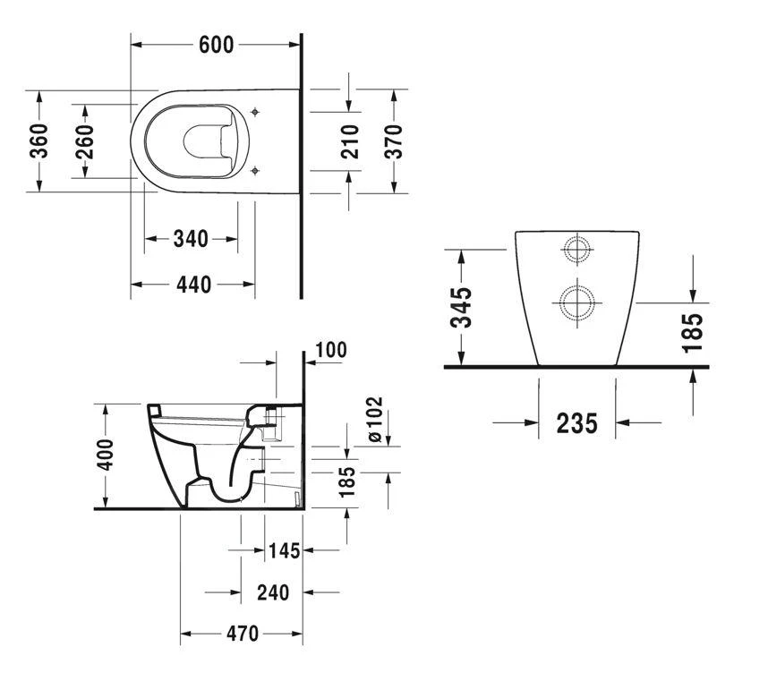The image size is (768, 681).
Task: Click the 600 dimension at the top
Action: point(216,45)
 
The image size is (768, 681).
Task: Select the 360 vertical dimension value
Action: point(39,141)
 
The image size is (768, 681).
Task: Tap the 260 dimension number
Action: point(85,141)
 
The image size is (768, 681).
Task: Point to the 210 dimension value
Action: point(350,141)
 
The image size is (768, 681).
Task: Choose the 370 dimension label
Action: point(393,141)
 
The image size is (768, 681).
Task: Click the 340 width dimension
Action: point(191,239)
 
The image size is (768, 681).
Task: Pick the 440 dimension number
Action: point(193,285)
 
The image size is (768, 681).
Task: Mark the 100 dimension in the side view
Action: point(331,350)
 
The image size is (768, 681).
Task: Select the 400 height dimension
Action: point(105,455)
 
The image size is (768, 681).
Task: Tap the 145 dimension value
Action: point(284,550)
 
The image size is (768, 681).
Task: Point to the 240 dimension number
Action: point(273,593)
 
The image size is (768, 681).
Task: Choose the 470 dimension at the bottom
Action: point(243,634)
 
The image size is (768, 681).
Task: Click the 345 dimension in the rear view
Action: point(461,308)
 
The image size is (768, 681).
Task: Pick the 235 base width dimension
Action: point(577,423)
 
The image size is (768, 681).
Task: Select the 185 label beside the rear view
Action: point(692,332)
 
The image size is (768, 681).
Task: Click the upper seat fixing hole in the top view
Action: point(255,112)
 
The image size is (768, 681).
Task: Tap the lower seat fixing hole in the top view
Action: point(255,170)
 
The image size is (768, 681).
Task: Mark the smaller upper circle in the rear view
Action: point(577,250)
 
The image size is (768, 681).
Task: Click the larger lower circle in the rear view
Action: point(577,302)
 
